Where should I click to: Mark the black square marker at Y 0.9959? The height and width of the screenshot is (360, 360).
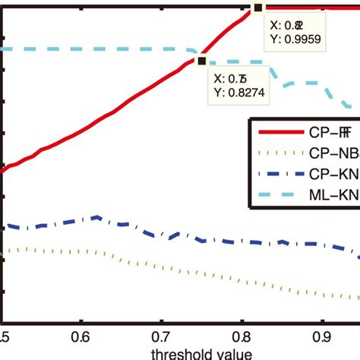(257, 8)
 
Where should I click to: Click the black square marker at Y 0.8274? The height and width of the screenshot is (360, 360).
(201, 62)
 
